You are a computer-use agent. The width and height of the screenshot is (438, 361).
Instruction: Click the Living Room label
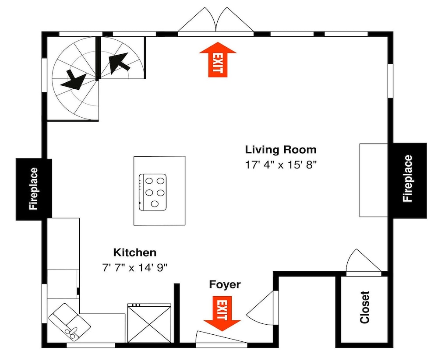[x=281, y=150]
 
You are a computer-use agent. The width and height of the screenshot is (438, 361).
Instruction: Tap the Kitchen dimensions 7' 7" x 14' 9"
[x=134, y=268]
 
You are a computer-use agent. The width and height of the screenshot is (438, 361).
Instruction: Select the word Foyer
[x=225, y=284]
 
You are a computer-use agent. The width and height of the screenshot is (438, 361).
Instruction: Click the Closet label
[x=365, y=308]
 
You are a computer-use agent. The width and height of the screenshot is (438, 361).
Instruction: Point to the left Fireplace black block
[x=34, y=189]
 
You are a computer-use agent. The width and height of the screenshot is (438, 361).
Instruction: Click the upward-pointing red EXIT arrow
[x=218, y=60]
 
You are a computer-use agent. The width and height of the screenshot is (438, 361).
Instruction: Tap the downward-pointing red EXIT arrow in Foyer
[x=222, y=313]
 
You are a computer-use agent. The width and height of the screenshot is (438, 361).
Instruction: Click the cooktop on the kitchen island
[x=153, y=192]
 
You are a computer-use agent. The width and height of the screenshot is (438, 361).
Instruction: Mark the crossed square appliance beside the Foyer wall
[x=149, y=323]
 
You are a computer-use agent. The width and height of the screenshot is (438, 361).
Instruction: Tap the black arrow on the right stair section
[x=119, y=63]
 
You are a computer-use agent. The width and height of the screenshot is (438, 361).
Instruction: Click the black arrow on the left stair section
[x=74, y=80]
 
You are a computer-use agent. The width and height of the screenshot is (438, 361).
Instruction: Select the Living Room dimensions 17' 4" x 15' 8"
[x=281, y=165]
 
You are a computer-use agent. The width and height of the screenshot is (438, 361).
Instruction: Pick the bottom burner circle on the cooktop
[x=155, y=204]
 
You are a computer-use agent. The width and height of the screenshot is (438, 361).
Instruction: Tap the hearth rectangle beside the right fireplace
[x=374, y=180]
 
